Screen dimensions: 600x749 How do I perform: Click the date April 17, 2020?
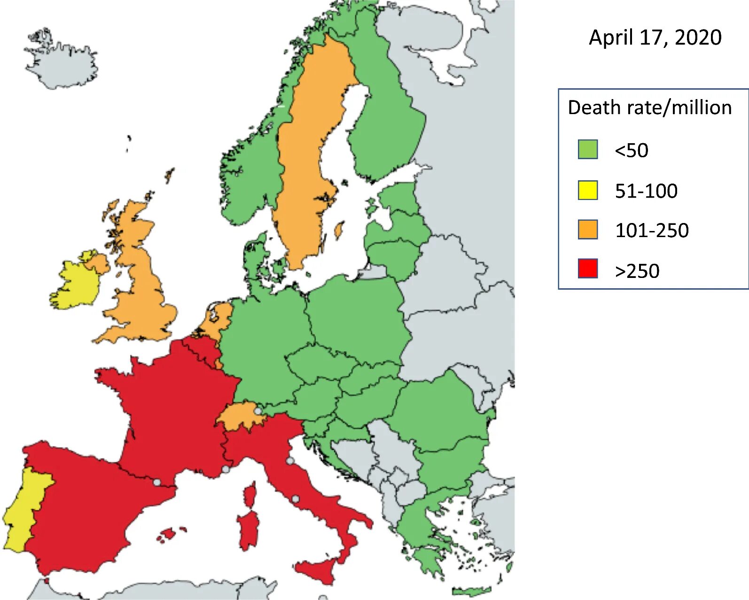click(x=655, y=38)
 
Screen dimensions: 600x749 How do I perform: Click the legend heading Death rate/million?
click(x=649, y=108)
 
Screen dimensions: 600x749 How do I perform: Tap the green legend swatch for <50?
click(x=587, y=149)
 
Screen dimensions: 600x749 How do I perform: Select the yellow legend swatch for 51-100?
click(x=587, y=190)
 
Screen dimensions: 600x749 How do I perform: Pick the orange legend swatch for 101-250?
click(x=587, y=230)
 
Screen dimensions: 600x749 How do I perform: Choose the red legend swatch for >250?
click(x=587, y=269)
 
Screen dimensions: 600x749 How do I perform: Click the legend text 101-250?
click(x=652, y=231)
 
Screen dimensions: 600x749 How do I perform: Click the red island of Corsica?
click(x=250, y=495)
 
